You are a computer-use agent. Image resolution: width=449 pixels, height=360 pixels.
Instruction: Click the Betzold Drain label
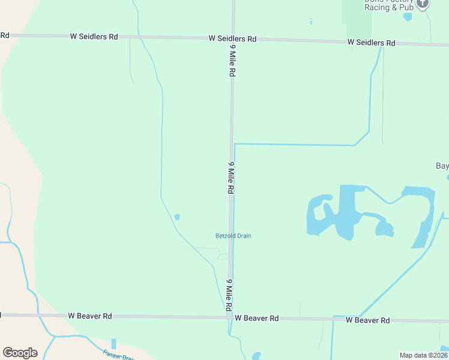[x=234, y=236]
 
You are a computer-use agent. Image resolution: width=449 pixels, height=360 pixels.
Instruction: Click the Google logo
[x=20, y=353]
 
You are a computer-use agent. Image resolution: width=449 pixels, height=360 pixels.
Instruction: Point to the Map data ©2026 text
[x=423, y=355]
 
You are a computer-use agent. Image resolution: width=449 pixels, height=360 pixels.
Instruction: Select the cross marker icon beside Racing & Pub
[x=423, y=4]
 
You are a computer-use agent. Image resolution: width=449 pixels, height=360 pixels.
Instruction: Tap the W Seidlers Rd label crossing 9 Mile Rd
[x=232, y=38]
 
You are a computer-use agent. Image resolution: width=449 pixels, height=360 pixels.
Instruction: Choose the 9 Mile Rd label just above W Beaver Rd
[x=229, y=295]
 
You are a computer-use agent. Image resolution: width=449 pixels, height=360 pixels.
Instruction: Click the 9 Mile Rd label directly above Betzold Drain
[x=231, y=177]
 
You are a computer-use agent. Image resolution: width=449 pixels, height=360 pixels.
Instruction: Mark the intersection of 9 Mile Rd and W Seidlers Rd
[x=233, y=38]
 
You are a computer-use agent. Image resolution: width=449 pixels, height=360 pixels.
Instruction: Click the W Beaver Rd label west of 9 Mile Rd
[x=90, y=316]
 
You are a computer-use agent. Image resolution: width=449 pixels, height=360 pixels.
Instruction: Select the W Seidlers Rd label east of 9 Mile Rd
[x=371, y=43]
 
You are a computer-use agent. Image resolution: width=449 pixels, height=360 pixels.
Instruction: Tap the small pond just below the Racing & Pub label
[x=408, y=17]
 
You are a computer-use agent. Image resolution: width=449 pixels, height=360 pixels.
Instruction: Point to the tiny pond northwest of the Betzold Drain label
[x=176, y=217]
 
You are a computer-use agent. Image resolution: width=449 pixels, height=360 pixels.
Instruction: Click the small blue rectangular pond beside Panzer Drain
[x=113, y=344]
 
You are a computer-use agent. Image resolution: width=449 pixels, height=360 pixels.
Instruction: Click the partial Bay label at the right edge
[x=442, y=166]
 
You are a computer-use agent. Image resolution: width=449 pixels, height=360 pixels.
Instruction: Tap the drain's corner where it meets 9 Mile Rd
[x=235, y=145]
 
